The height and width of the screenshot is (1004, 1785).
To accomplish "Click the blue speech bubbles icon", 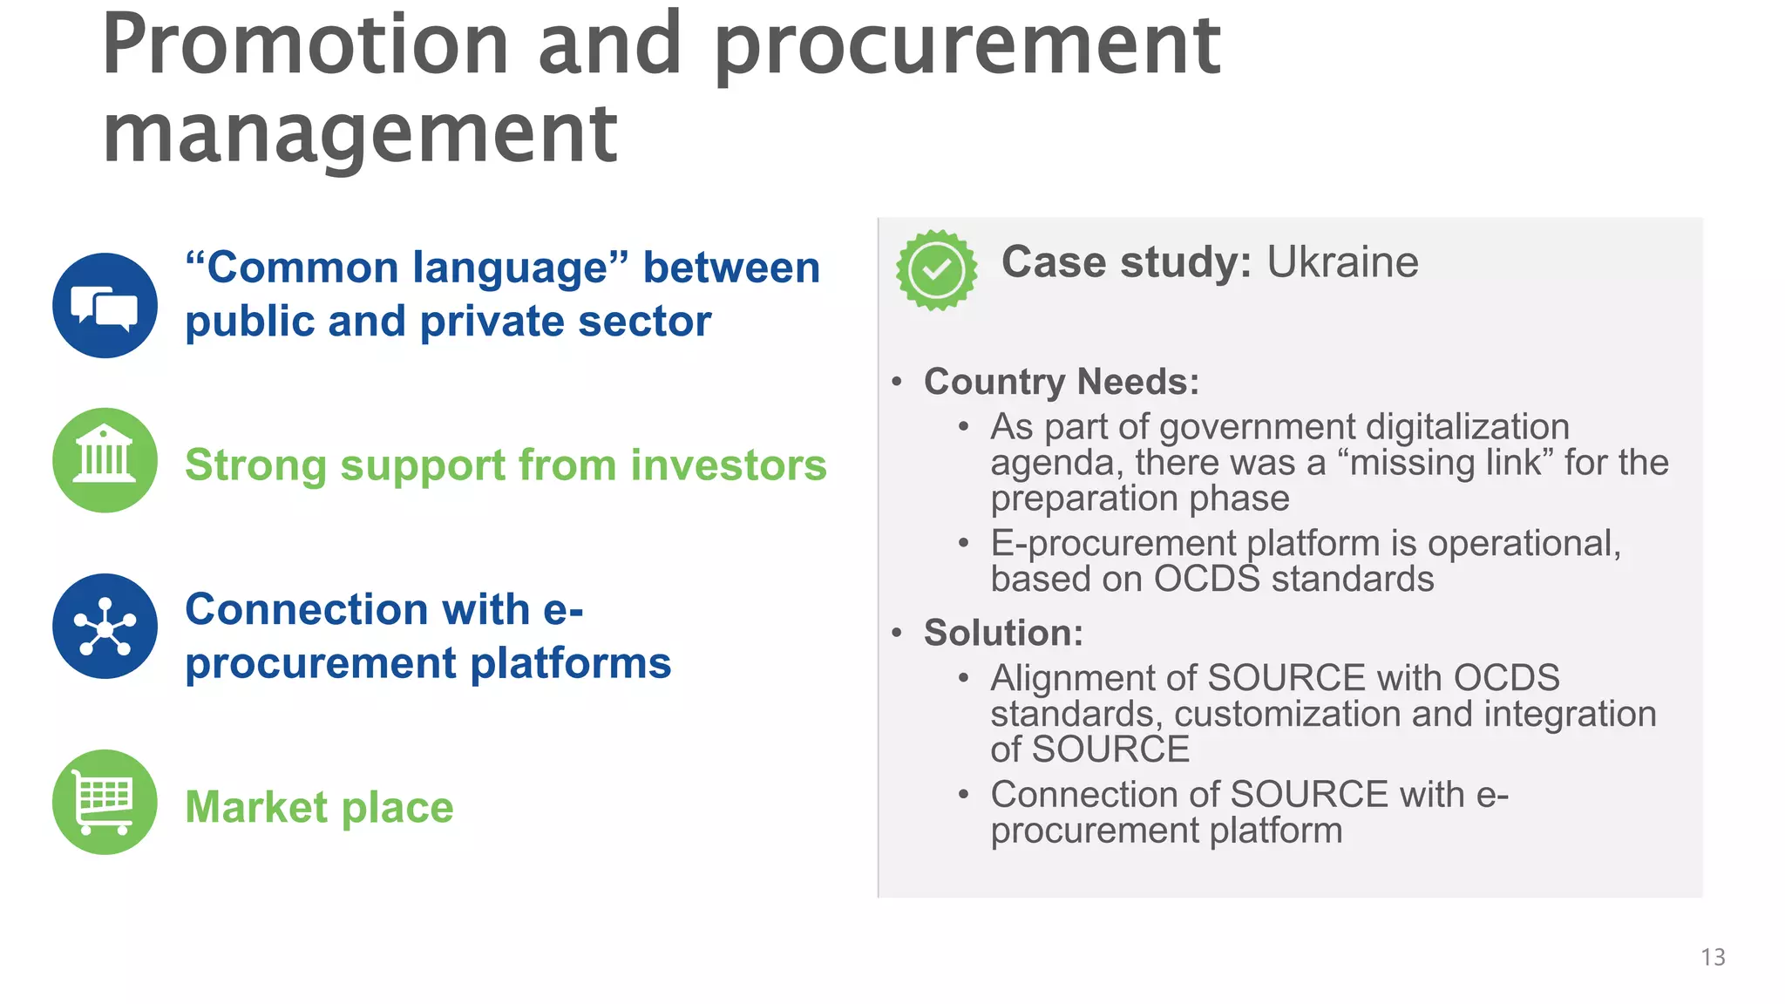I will pos(105,305).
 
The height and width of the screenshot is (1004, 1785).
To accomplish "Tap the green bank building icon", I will pos(105,460).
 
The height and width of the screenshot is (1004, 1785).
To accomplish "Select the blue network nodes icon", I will pos(105,626).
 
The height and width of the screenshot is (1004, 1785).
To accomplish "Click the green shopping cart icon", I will pos(105,802).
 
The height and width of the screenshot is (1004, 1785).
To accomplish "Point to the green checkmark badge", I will pos(936,270).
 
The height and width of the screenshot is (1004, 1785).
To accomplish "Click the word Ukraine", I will pos(1342,262).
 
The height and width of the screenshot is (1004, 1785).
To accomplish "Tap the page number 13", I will pos(1713,957).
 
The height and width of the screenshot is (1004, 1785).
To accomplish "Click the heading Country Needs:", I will pos(1062,382).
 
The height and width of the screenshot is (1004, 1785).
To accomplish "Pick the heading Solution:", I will pos(1003,633).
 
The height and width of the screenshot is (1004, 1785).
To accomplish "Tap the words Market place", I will pos(319,807).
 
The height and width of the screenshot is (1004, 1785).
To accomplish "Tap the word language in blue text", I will pos(510,268).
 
